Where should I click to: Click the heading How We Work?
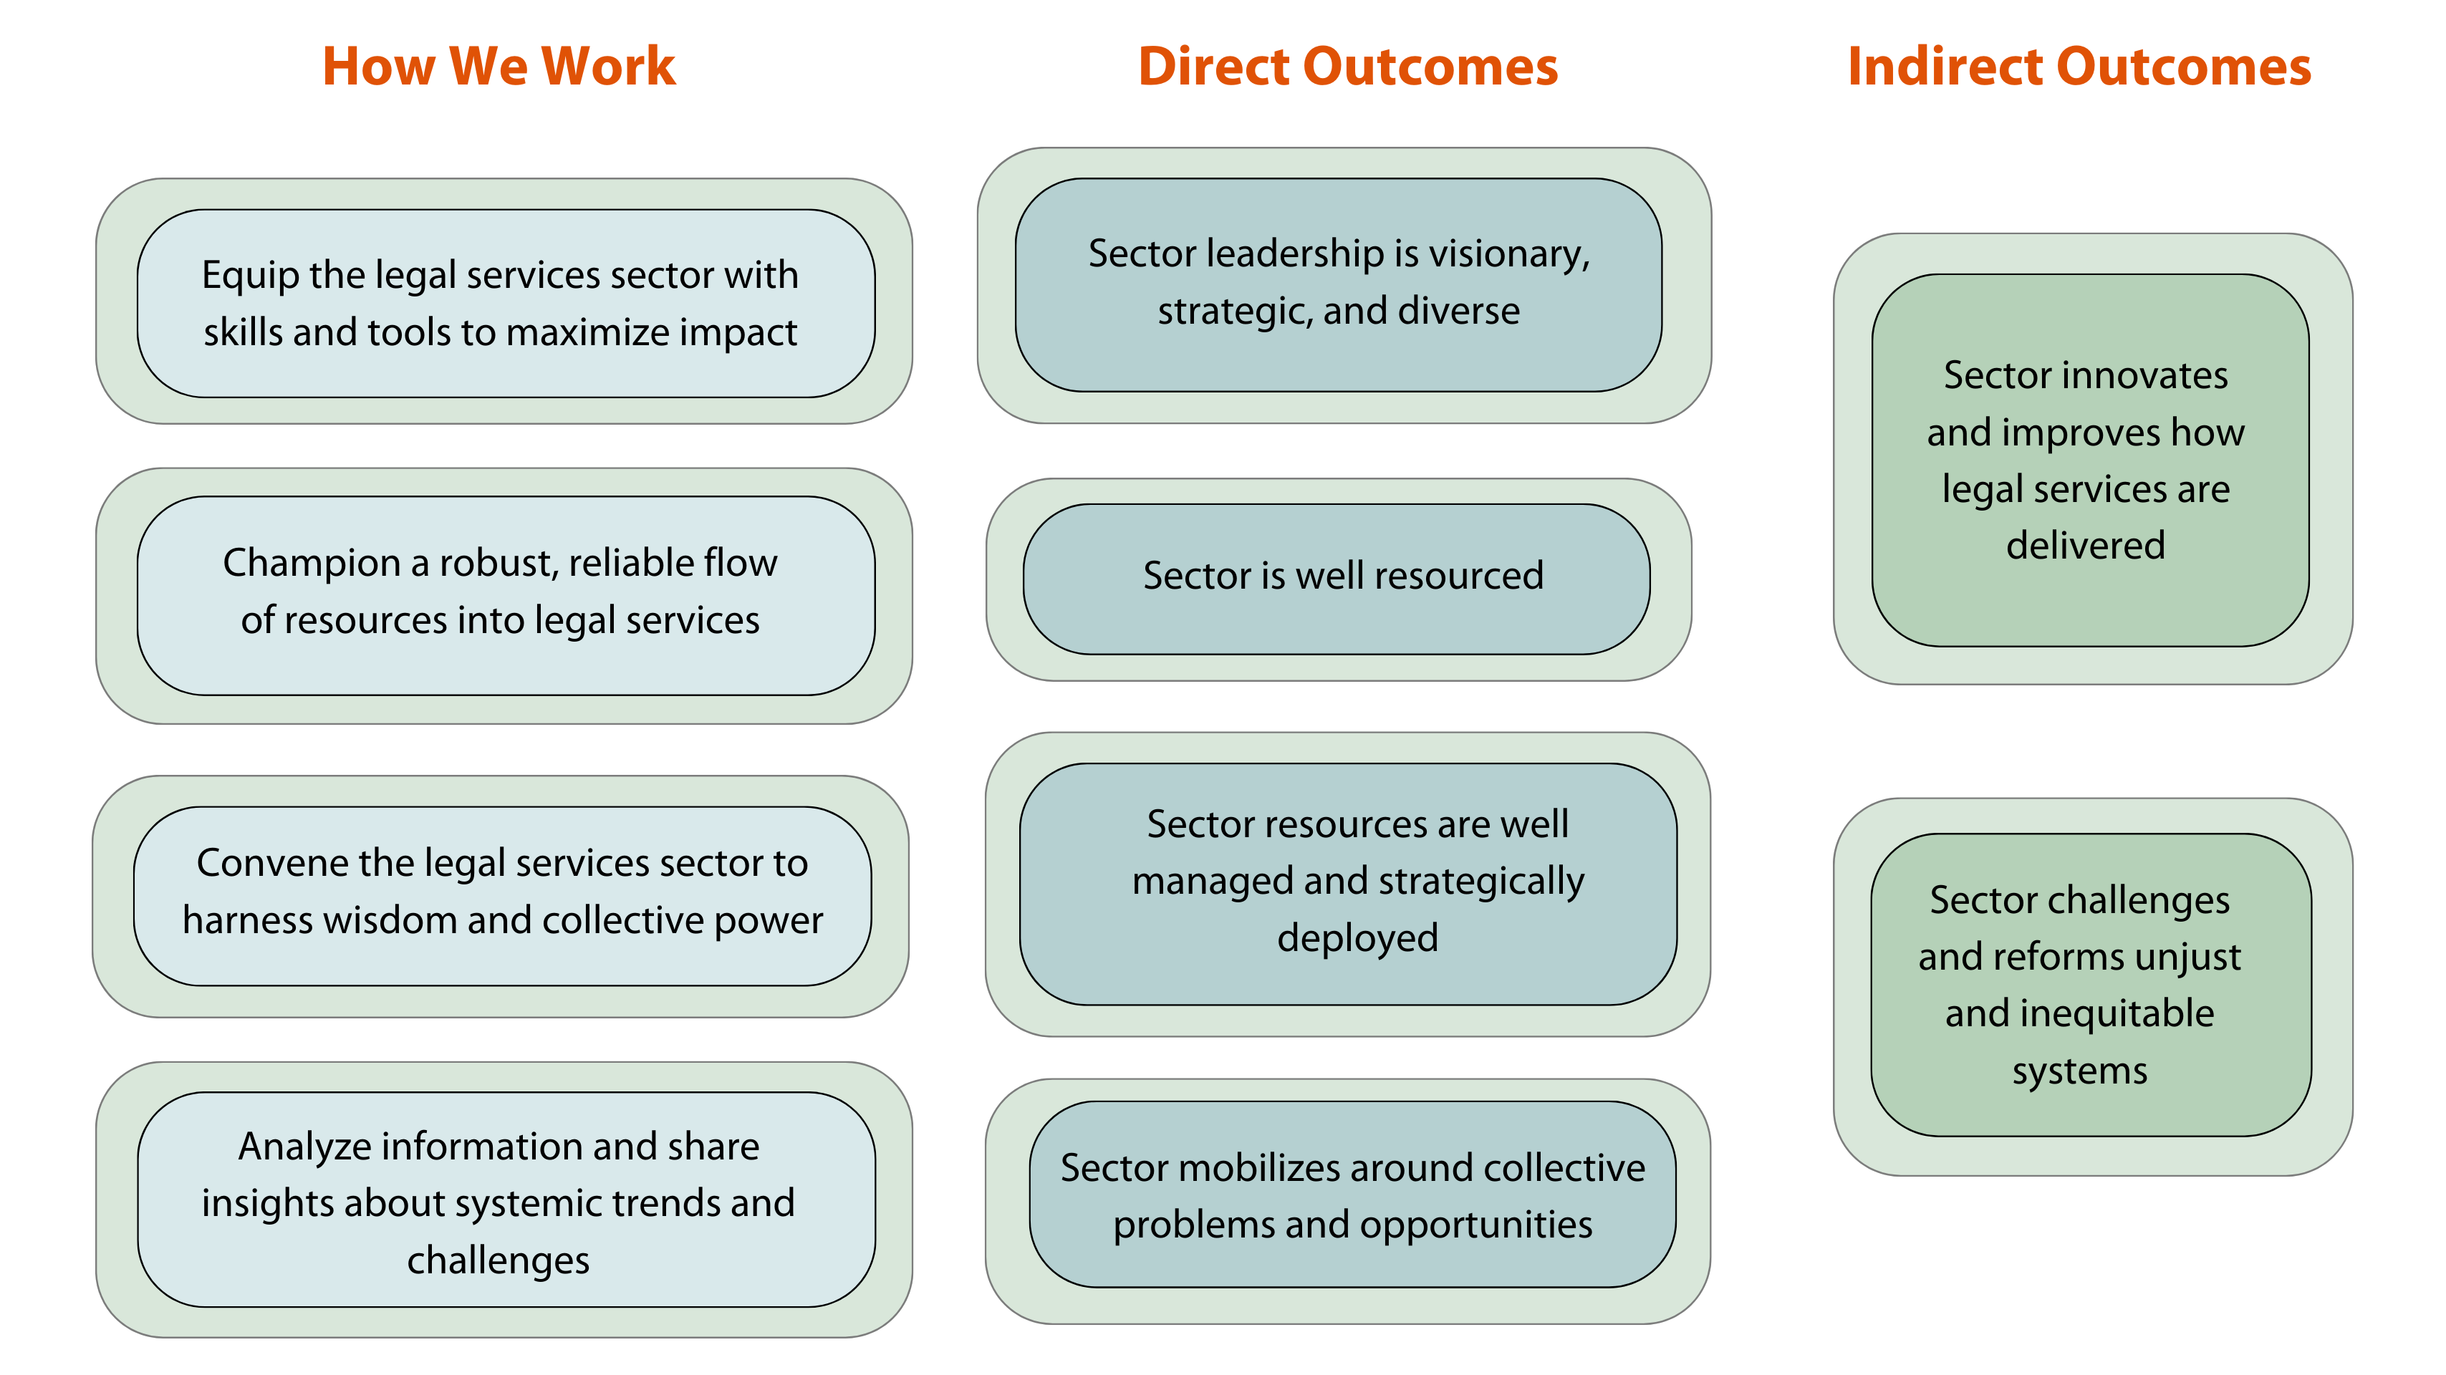499,67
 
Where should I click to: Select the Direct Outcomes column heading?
1348,67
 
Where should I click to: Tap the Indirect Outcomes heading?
2079,67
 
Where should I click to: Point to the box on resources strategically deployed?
1348,884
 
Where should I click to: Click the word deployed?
1358,938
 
